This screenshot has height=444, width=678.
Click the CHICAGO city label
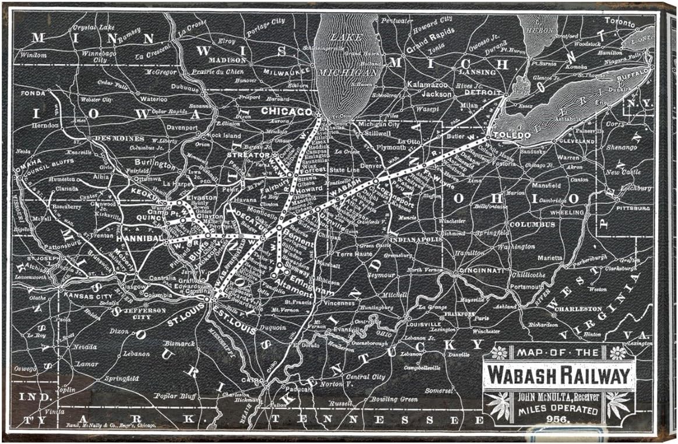coord(287,111)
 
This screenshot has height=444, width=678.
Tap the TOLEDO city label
coord(512,135)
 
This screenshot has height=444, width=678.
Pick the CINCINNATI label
coord(481,271)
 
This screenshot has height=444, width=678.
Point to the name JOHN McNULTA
coord(539,397)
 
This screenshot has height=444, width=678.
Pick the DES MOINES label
coord(119,139)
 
